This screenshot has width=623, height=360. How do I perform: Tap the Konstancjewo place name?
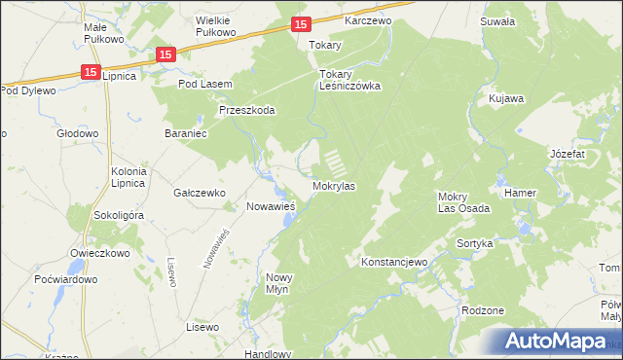394,263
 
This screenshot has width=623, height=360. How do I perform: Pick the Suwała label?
496,19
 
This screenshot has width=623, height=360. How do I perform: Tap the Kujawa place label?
507,99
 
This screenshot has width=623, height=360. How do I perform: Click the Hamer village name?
521,193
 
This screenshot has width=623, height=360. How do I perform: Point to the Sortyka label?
476,243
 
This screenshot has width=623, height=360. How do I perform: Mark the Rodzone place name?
484,310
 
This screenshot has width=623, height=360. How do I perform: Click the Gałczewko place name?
200,193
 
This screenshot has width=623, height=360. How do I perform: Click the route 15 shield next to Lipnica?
90,71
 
